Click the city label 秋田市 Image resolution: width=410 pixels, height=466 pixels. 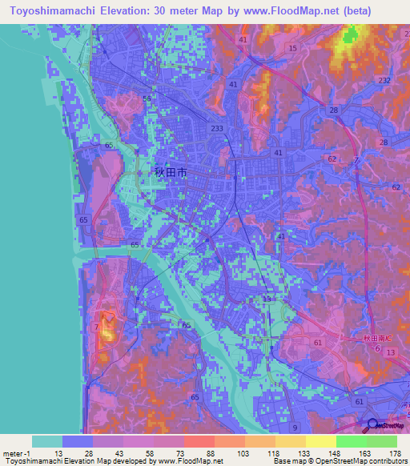[170, 171]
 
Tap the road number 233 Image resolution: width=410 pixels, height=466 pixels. [217, 128]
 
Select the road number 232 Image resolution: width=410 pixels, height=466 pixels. [384, 81]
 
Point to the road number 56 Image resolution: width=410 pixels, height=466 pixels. [147, 98]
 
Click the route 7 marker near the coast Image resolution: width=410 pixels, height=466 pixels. [97, 327]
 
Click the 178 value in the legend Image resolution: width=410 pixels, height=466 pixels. [393, 453]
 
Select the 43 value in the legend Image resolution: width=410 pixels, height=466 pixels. [119, 453]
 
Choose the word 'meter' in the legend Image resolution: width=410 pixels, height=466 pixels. [12, 453]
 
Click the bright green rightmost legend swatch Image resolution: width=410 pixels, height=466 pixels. [382, 441]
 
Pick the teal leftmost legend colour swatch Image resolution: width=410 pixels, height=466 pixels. [47, 441]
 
